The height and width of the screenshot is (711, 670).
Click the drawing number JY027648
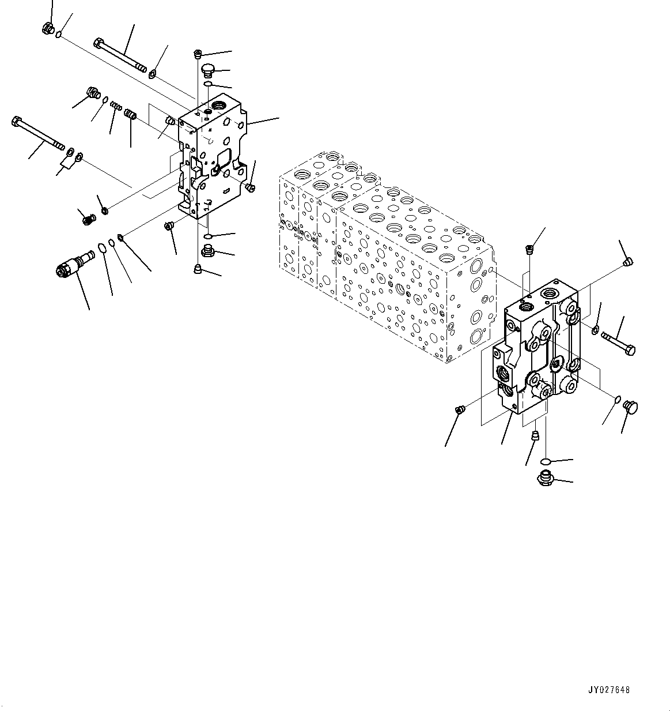pos(609,690)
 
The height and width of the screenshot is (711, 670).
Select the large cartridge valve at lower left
pos(73,264)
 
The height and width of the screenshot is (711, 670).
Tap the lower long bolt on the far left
pos(37,133)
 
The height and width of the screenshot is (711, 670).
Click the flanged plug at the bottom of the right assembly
pos(545,478)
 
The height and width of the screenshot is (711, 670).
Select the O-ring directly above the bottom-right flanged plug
pos(547,461)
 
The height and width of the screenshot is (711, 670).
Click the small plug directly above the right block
pos(529,250)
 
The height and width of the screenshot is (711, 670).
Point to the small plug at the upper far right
pos(629,263)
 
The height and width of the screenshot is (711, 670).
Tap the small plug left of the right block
pos(460,410)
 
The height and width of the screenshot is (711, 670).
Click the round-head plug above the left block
pos(208,71)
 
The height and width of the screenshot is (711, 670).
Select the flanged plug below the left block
pos(209,250)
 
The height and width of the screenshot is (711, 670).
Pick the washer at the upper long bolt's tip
pos(152,74)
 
